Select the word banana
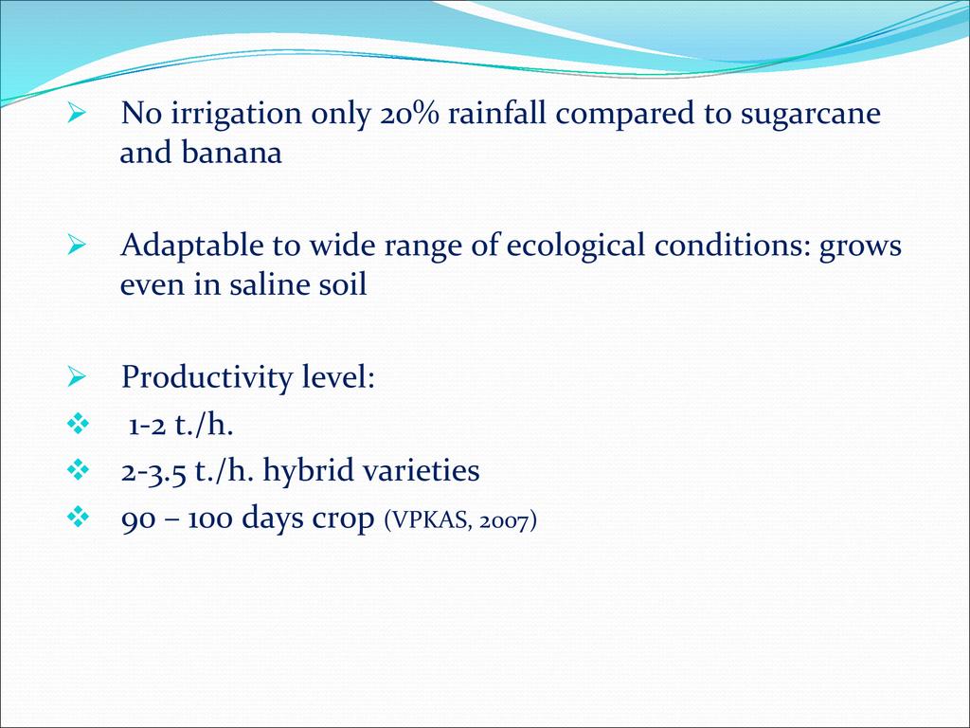[231, 153]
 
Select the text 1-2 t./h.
[181, 426]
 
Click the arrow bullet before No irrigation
[76, 114]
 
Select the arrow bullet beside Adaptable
[76, 246]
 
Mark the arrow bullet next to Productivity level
[76, 375]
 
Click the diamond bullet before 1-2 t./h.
[78, 424]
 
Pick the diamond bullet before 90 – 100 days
[78, 517]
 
